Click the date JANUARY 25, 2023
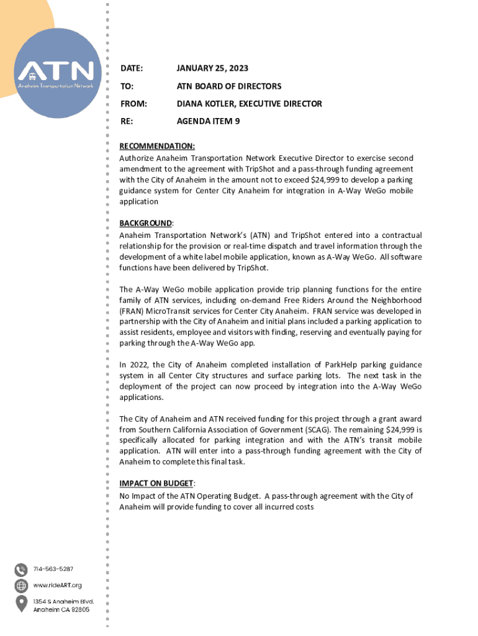click(x=212, y=68)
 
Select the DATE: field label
click(x=131, y=68)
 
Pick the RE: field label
click(x=126, y=122)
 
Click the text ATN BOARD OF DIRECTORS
click(x=229, y=86)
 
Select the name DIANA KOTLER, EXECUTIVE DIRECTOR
click(x=250, y=104)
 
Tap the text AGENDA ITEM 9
click(x=209, y=122)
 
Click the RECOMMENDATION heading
click(x=156, y=147)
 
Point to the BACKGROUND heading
click(x=146, y=223)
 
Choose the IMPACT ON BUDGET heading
click(x=157, y=483)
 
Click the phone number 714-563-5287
click(x=53, y=569)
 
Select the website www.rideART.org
click(x=57, y=585)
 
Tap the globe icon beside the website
click(x=21, y=586)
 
